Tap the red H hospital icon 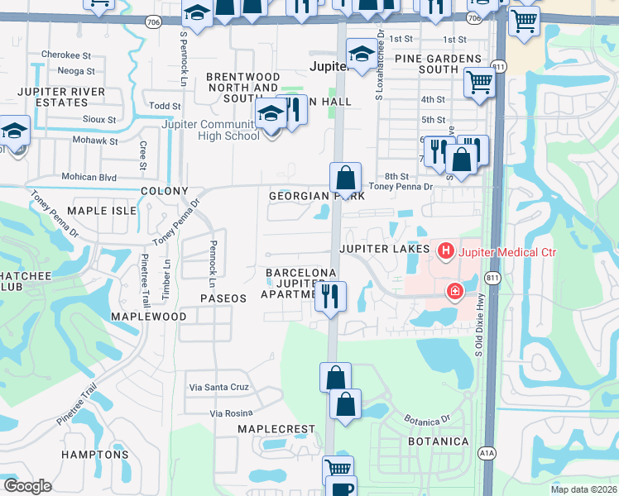point(446,250)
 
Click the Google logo point(28,486)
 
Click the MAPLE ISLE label point(101,211)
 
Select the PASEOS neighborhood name point(223,297)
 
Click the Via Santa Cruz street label point(218,387)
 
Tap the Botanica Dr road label point(427,419)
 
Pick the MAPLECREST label point(276,429)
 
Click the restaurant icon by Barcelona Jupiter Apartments point(330,295)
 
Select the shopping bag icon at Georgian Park point(345,177)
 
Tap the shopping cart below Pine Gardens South point(479,83)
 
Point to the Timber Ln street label point(166,274)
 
